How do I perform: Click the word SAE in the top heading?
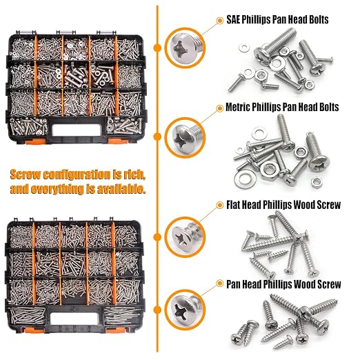[233, 19]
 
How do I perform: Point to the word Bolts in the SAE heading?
[319, 19]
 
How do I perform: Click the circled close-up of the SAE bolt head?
[185, 48]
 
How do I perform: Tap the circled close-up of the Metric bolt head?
[185, 137]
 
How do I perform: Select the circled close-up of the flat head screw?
[185, 237]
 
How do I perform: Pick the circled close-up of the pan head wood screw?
[185, 310]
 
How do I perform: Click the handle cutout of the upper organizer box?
[77, 130]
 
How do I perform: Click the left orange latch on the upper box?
[34, 141]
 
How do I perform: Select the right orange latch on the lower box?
[115, 330]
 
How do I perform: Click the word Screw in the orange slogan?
[26, 175]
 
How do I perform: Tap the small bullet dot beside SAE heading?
[220, 21]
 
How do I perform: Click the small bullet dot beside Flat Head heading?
[220, 206]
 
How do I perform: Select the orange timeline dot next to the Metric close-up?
[157, 137]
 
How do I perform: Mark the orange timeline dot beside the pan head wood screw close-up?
[157, 310]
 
